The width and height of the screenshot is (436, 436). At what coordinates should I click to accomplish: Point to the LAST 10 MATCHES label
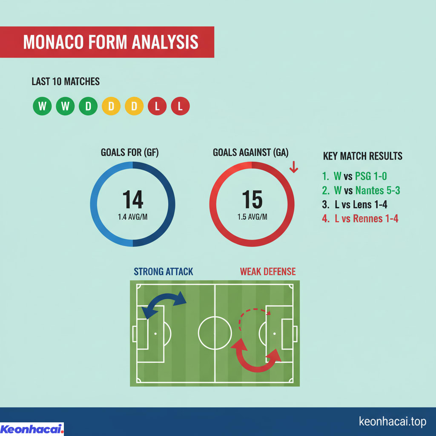pyautogui.click(x=66, y=81)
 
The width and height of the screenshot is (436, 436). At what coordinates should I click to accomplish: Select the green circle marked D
pyautogui.click(x=88, y=106)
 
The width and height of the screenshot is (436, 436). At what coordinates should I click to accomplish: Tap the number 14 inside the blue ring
pyautogui.click(x=132, y=199)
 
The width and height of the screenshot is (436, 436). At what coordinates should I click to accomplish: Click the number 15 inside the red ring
pyautogui.click(x=252, y=199)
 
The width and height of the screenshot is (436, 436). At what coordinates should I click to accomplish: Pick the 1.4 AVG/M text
pyautogui.click(x=132, y=217)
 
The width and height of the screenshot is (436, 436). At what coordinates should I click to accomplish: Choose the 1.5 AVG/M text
pyautogui.click(x=252, y=217)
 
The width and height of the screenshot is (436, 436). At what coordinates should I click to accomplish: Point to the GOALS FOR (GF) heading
pyautogui.click(x=129, y=152)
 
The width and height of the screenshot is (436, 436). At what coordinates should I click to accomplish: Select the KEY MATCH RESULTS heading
pyautogui.click(x=362, y=156)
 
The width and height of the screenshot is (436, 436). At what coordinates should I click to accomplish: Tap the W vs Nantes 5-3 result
pyautogui.click(x=361, y=190)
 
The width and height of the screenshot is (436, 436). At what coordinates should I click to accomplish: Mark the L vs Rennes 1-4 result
pyautogui.click(x=360, y=219)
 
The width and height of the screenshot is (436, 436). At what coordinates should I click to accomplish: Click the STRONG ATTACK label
pyautogui.click(x=163, y=271)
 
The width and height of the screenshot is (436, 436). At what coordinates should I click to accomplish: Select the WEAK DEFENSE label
pyautogui.click(x=267, y=271)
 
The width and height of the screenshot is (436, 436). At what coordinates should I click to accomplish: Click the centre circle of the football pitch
pyautogui.click(x=215, y=333)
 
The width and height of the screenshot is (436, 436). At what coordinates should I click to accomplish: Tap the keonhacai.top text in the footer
pyautogui.click(x=392, y=422)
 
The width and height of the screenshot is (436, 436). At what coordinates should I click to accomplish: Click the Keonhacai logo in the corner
pyautogui.click(x=32, y=429)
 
